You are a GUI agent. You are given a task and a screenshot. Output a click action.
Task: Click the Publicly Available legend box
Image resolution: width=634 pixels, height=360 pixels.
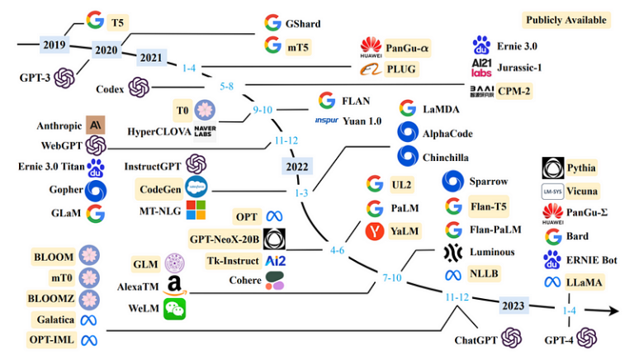click(x=567, y=20)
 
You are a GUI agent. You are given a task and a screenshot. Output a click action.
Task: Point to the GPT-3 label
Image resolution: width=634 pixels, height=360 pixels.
click(x=35, y=78)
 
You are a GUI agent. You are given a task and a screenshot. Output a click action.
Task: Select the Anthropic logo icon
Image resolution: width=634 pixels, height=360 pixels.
click(x=96, y=126)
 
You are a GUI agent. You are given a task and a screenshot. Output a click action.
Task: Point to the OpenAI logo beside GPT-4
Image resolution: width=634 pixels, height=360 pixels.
click(x=587, y=337)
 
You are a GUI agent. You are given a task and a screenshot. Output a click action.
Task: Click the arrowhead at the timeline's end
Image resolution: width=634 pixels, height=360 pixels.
click(x=614, y=310)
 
